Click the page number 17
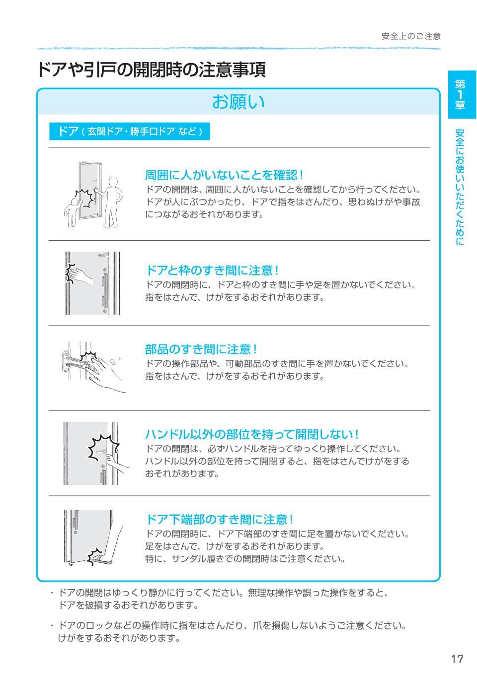[457, 659]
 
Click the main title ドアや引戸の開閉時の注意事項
[151, 70]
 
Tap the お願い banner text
[238, 101]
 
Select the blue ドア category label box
[129, 132]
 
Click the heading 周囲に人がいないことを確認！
[224, 175]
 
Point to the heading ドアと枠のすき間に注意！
[212, 270]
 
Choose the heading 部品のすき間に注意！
[201, 349]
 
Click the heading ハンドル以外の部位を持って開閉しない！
[252, 434]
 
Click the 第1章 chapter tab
[462, 95]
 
